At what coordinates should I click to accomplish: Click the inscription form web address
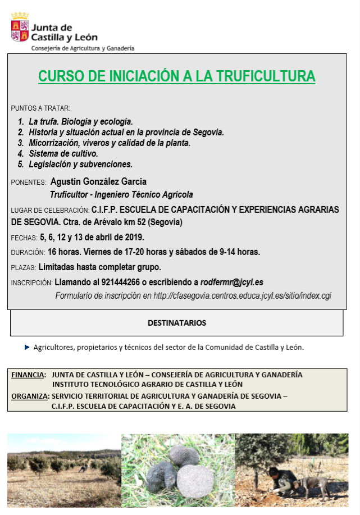click(242, 295)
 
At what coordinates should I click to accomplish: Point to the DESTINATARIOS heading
click(176, 323)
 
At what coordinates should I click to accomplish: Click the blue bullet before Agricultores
click(27, 347)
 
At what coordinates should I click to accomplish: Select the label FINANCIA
click(29, 374)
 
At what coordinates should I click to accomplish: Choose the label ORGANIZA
click(30, 396)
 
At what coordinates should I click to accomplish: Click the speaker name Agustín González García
click(98, 181)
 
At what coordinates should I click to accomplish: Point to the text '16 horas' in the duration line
click(63, 252)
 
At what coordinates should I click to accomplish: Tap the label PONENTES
click(28, 183)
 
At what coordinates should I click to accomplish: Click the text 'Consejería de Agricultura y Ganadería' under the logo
click(83, 48)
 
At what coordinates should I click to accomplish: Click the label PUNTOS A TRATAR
click(40, 108)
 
